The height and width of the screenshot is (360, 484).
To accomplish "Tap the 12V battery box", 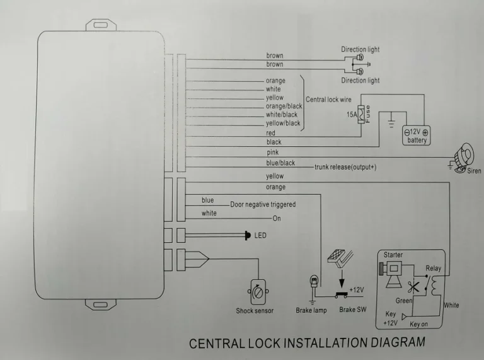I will tap(417, 136).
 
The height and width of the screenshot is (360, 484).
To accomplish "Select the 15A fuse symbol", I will tap(362, 114).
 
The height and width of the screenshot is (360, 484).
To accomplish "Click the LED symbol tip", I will tap(248, 236).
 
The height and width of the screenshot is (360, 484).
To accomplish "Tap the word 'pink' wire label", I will tap(273, 153).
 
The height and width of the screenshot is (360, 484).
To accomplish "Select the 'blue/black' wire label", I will tap(280, 163).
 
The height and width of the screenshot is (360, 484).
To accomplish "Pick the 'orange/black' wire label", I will tap(284, 106).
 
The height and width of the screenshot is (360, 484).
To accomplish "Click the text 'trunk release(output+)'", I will tap(345, 167).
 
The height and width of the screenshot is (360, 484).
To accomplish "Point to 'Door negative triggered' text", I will tap(263, 204).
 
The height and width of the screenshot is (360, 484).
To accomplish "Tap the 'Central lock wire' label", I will tap(328, 100).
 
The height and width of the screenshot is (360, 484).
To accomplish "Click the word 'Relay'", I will tap(433, 268).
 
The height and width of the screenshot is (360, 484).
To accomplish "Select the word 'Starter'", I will tap(393, 255).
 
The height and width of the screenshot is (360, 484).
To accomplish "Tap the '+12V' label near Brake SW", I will tap(357, 289).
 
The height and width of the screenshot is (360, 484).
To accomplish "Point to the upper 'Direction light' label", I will tap(360, 50).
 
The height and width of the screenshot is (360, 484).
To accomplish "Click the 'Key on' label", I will tap(418, 323).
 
